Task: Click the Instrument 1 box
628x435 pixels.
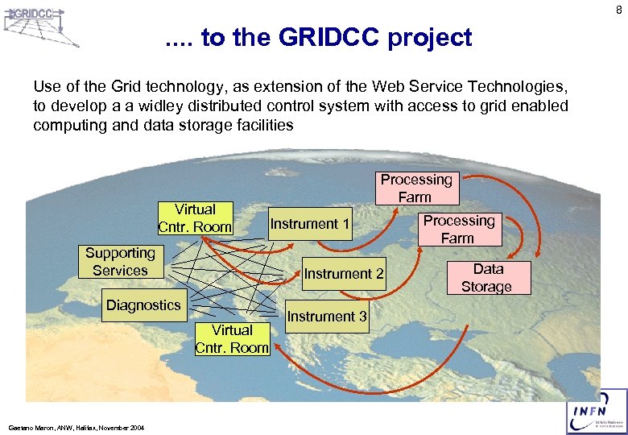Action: point(310,224)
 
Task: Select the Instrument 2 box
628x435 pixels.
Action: point(344,274)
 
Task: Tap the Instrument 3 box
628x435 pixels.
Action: point(327,317)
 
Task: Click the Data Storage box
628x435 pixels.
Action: point(486,278)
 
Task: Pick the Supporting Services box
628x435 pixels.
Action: point(120,262)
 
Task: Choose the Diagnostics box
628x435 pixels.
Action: point(143,304)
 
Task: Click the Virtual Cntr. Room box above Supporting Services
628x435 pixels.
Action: point(195,218)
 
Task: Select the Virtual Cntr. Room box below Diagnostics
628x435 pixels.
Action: point(232,339)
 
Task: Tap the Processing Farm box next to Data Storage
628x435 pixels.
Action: point(459,229)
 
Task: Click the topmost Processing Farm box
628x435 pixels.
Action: point(416,188)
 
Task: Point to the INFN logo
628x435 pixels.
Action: point(597,412)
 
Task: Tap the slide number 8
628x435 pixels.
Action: point(618,10)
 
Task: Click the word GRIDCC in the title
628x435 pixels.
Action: point(317,38)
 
